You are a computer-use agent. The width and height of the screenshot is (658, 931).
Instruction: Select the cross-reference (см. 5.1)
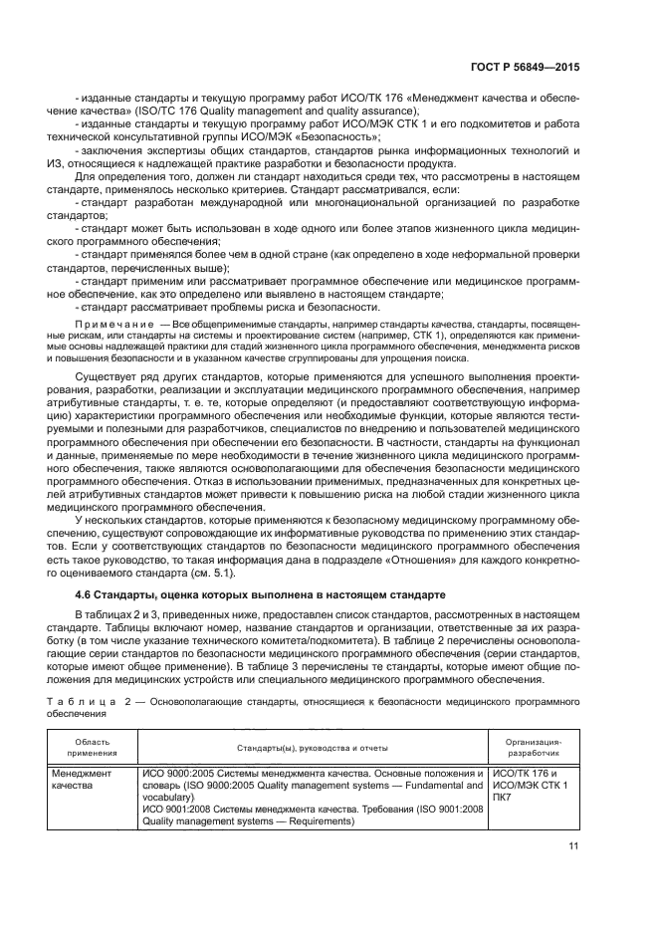215,572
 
